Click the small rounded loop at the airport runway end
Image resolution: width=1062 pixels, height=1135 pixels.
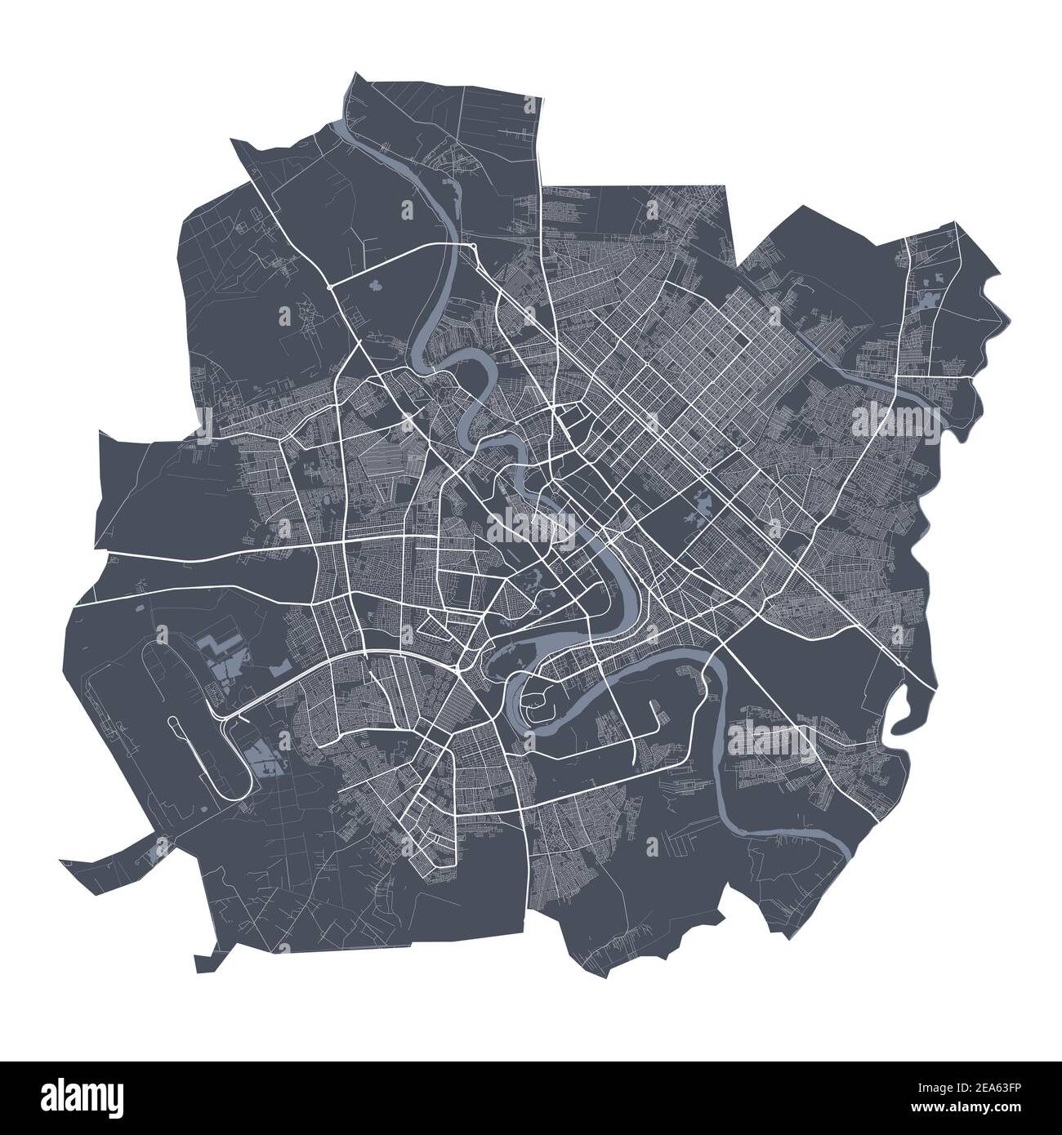coord(175,722)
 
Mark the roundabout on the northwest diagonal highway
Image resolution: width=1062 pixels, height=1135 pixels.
coord(328,287)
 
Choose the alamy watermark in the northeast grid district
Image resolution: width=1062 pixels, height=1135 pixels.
coord(895,420)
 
